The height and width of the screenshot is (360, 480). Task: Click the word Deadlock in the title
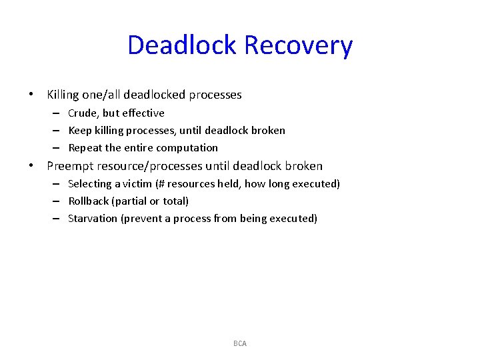pyautogui.click(x=182, y=45)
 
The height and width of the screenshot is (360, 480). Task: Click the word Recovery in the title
pyautogui.click(x=298, y=45)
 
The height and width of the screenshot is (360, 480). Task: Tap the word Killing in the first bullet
pyautogui.click(x=63, y=95)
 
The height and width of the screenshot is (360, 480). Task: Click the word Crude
pyautogui.click(x=83, y=113)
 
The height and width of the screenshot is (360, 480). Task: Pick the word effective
pyautogui.click(x=143, y=113)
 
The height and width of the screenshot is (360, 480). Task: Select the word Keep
pyautogui.click(x=79, y=131)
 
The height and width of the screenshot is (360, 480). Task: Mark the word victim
pyautogui.click(x=137, y=183)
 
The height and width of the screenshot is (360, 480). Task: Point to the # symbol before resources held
pyautogui.click(x=163, y=183)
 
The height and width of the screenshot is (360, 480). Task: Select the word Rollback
pyautogui.click(x=89, y=201)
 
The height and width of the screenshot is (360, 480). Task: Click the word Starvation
pyautogui.click(x=93, y=218)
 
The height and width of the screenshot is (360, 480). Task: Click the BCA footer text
pyautogui.click(x=240, y=343)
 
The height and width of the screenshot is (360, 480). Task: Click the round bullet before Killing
pyautogui.click(x=31, y=95)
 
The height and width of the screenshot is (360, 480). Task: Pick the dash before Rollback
pyautogui.click(x=57, y=201)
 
